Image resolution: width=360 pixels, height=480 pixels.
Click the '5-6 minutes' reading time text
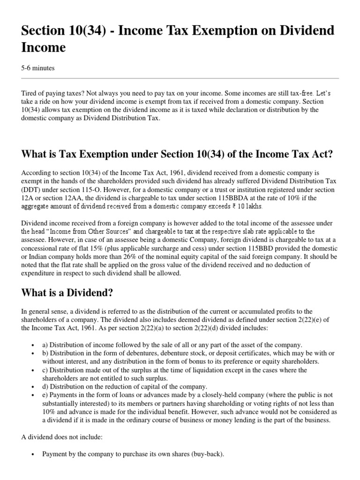pyautogui.click(x=38, y=68)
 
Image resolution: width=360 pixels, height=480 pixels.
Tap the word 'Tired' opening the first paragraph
pyautogui.click(x=30, y=93)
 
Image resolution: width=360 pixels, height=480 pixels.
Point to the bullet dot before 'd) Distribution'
pyautogui.click(x=33, y=387)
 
